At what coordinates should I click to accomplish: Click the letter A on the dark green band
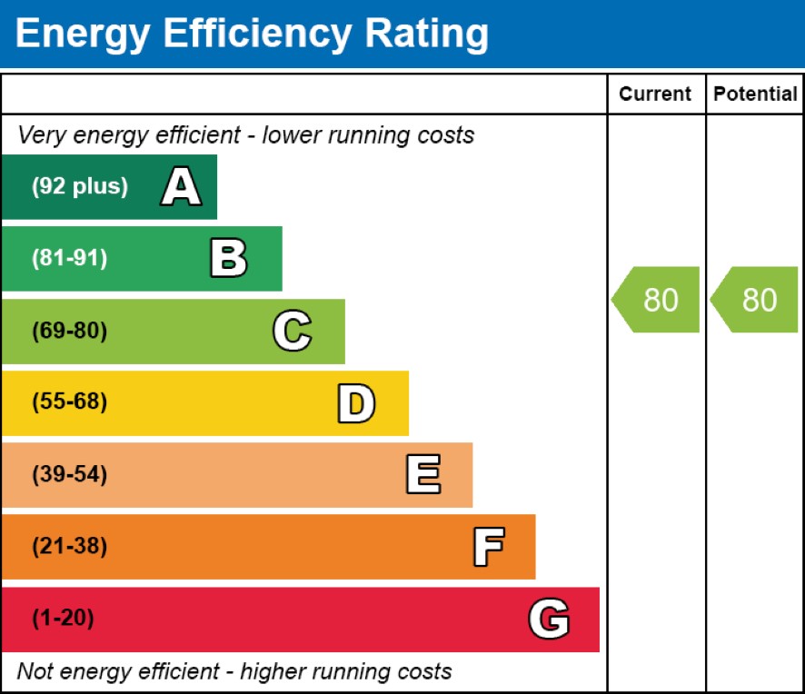[x=181, y=186]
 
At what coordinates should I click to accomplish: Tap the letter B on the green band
[x=229, y=258]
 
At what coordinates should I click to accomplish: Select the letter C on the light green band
[x=293, y=331]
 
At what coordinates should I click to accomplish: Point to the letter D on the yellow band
[x=356, y=403]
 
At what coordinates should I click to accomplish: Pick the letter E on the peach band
[x=423, y=474]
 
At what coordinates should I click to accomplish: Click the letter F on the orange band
[x=489, y=547]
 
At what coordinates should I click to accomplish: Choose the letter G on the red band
[x=549, y=619]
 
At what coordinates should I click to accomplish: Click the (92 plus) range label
[x=80, y=186]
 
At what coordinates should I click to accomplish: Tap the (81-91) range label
[x=70, y=258]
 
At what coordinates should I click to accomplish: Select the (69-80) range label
[x=70, y=331]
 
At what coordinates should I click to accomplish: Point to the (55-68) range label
[x=70, y=402]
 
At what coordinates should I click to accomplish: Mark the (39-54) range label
[x=70, y=474]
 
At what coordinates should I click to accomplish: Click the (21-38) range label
[x=70, y=546]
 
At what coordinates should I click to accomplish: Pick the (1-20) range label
[x=64, y=618]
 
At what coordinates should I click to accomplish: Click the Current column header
[x=655, y=94]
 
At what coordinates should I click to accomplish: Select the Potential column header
[x=755, y=94]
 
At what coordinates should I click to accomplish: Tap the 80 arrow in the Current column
[x=656, y=299]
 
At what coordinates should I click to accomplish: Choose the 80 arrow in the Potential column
[x=754, y=299]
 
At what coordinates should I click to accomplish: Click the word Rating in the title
[x=427, y=35]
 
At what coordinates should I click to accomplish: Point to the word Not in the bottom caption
[x=35, y=671]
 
